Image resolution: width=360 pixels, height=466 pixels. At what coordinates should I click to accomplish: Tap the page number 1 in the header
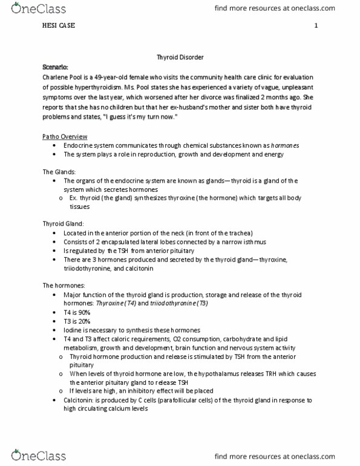pyautogui.click(x=316, y=26)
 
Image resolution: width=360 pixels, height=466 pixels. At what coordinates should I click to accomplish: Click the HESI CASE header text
pyautogui.click(x=59, y=26)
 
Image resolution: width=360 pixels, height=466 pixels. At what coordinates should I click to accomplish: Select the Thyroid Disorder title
pyautogui.click(x=180, y=57)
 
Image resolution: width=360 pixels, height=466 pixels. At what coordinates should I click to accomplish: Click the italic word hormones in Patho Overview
pyautogui.click(x=284, y=146)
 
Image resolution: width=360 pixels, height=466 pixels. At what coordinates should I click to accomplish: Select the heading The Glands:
pyautogui.click(x=59, y=171)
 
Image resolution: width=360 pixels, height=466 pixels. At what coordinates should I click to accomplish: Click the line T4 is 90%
pyautogui.click(x=77, y=312)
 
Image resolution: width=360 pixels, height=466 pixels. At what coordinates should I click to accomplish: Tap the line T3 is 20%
pyautogui.click(x=77, y=321)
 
